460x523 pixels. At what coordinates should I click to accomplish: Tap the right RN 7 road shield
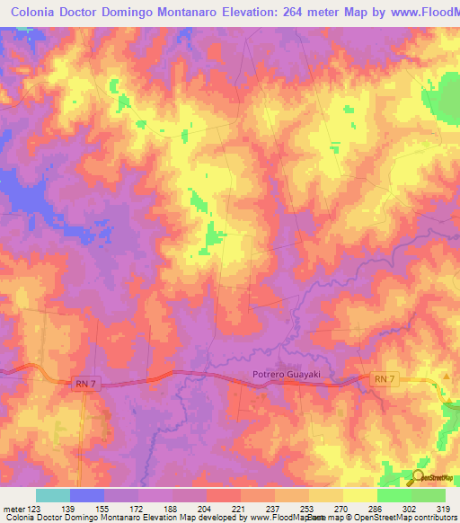(x=384, y=380)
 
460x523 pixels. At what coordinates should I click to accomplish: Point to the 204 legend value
(x=206, y=509)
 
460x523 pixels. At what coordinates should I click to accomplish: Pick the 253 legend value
(x=308, y=509)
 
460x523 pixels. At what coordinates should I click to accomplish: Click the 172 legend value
(x=137, y=509)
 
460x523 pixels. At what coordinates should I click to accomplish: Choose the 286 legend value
(x=376, y=509)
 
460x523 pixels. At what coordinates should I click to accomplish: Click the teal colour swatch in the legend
(x=53, y=495)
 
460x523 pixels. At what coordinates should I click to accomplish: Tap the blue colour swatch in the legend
(x=87, y=495)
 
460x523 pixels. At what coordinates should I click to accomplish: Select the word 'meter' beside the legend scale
(x=13, y=509)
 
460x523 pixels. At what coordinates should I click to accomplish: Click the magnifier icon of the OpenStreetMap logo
(x=418, y=476)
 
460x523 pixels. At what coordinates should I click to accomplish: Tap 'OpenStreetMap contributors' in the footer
(x=405, y=519)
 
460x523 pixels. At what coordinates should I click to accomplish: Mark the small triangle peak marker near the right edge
(x=447, y=377)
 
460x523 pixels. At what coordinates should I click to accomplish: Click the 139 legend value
(x=69, y=509)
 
